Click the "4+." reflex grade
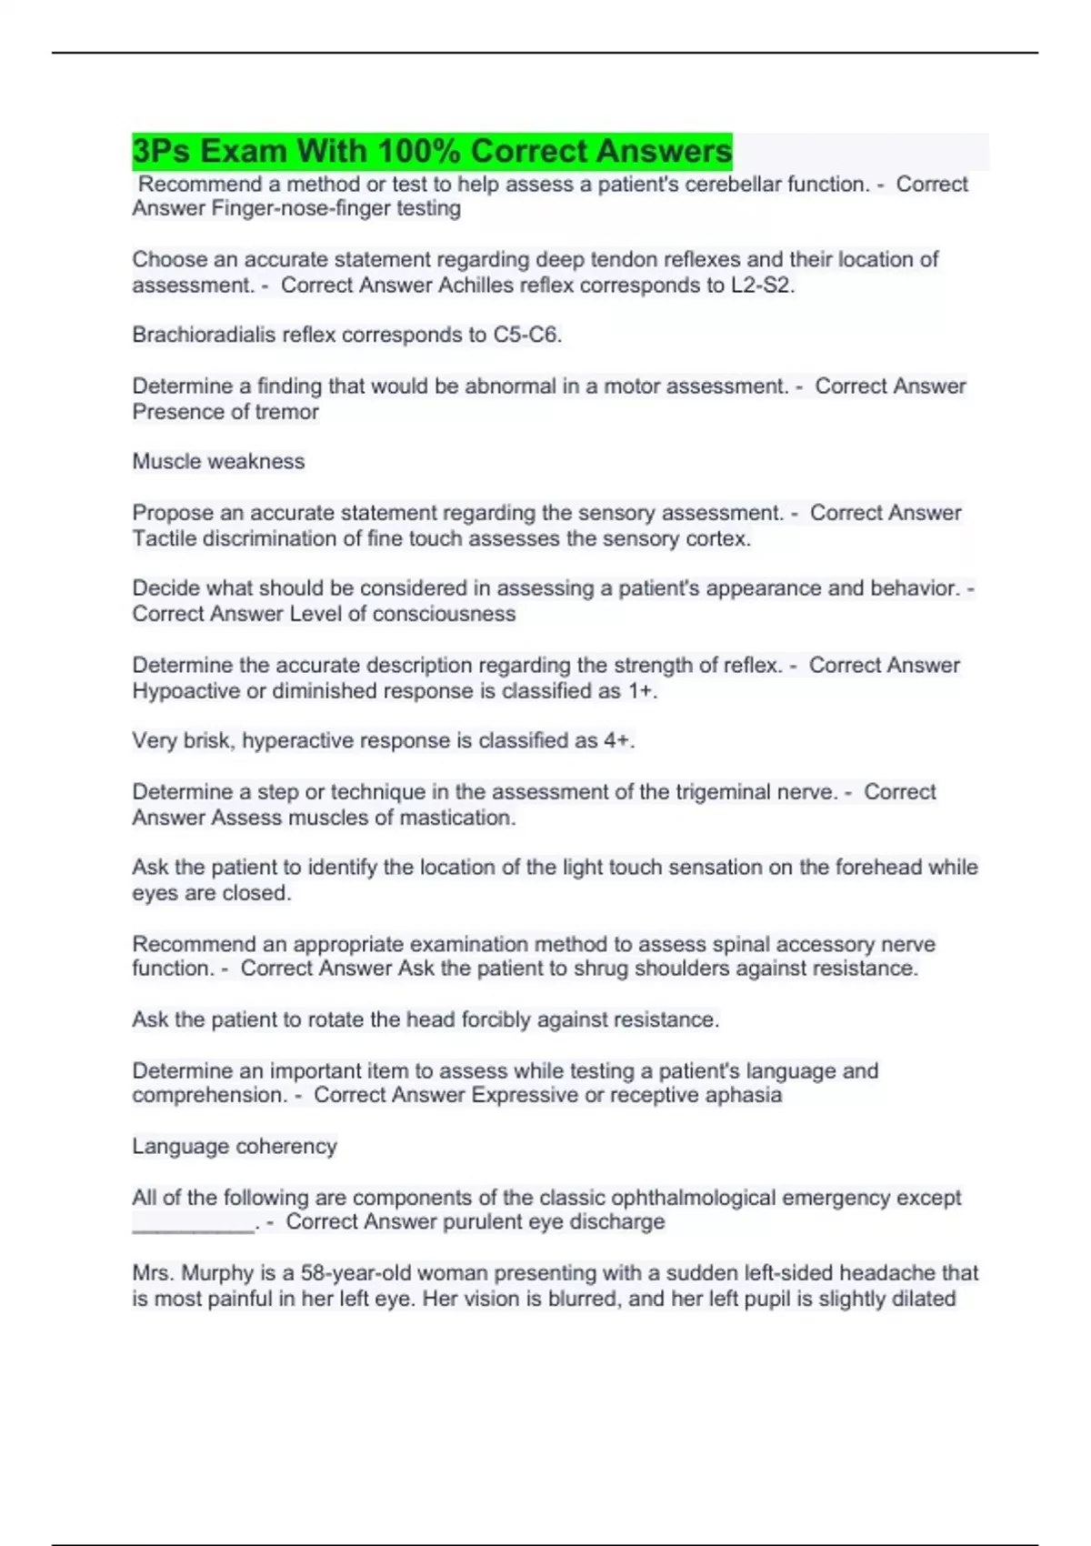point(619,740)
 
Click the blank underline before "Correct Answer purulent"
point(193,1225)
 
